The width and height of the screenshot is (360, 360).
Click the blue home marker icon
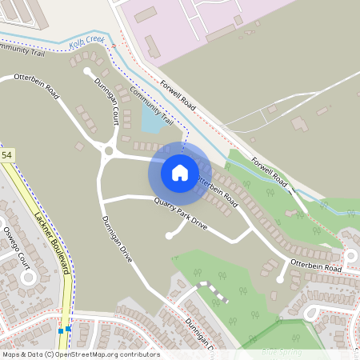click(180, 172)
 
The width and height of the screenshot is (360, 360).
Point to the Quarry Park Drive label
click(181, 214)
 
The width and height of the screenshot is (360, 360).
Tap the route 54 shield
click(7, 154)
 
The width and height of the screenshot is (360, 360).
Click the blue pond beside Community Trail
click(150, 119)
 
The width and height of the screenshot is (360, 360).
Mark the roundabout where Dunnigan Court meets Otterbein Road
click(108, 150)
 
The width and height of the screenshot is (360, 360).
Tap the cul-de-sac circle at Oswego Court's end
click(30, 278)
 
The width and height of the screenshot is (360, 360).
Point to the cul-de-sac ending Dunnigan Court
click(87, 71)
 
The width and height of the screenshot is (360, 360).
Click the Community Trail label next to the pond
click(152, 106)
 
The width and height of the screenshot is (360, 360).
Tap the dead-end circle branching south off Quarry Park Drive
click(168, 236)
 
